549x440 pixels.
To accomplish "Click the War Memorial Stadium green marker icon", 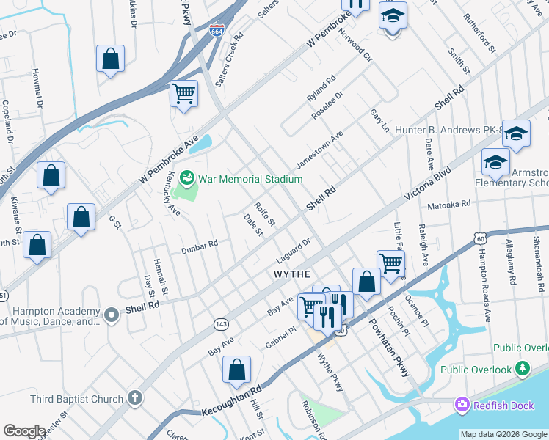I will click(x=187, y=178).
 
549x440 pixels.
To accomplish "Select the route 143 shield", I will click(x=220, y=323).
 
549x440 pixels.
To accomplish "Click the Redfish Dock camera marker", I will click(x=462, y=403).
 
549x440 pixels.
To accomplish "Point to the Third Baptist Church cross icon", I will click(x=134, y=398).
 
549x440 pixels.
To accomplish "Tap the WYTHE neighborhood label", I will click(x=293, y=273).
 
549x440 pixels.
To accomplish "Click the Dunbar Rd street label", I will click(x=200, y=246).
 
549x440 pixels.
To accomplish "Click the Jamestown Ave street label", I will click(x=319, y=149).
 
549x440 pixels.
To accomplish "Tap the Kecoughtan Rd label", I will click(x=231, y=403).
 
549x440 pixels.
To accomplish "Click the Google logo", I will click(x=24, y=431).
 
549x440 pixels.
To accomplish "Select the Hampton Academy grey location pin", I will click(x=112, y=315).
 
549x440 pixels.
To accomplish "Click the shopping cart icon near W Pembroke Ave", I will click(x=183, y=93).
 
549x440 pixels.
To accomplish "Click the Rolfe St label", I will click(x=264, y=213).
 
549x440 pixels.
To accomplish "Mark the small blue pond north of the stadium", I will click(x=203, y=142).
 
